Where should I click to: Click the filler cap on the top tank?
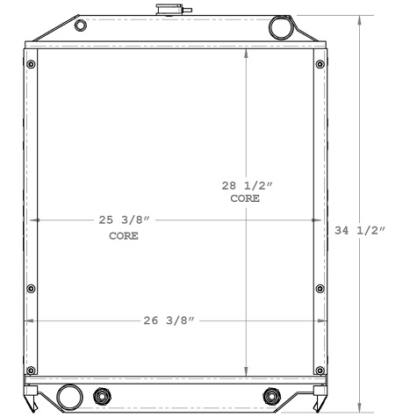coord(166,11)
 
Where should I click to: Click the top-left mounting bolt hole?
coord(32,64)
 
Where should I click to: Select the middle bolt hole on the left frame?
coord(32,287)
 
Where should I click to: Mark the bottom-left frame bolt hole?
coord(32,369)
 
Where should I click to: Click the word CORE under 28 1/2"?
coord(245,199)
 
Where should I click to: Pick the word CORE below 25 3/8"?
coord(124,236)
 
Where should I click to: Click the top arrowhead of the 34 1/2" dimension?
coord(360,19)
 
